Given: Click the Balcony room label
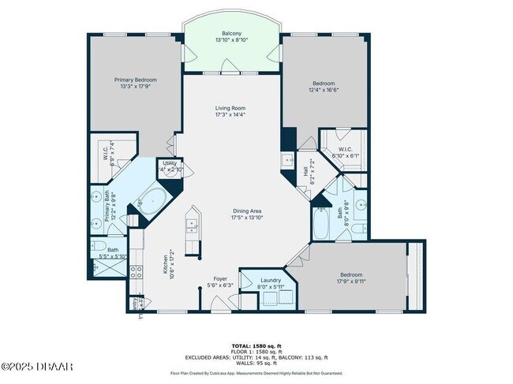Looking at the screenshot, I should click(231, 33).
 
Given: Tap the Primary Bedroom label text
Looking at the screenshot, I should click(135, 80).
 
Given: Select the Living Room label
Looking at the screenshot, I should click(231, 108).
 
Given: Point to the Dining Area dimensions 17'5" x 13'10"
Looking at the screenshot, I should click(246, 218).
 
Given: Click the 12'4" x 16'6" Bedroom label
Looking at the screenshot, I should click(324, 83).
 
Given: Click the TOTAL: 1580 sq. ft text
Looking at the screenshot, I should click(256, 345).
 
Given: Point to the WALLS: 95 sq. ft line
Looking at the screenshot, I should click(256, 363).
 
